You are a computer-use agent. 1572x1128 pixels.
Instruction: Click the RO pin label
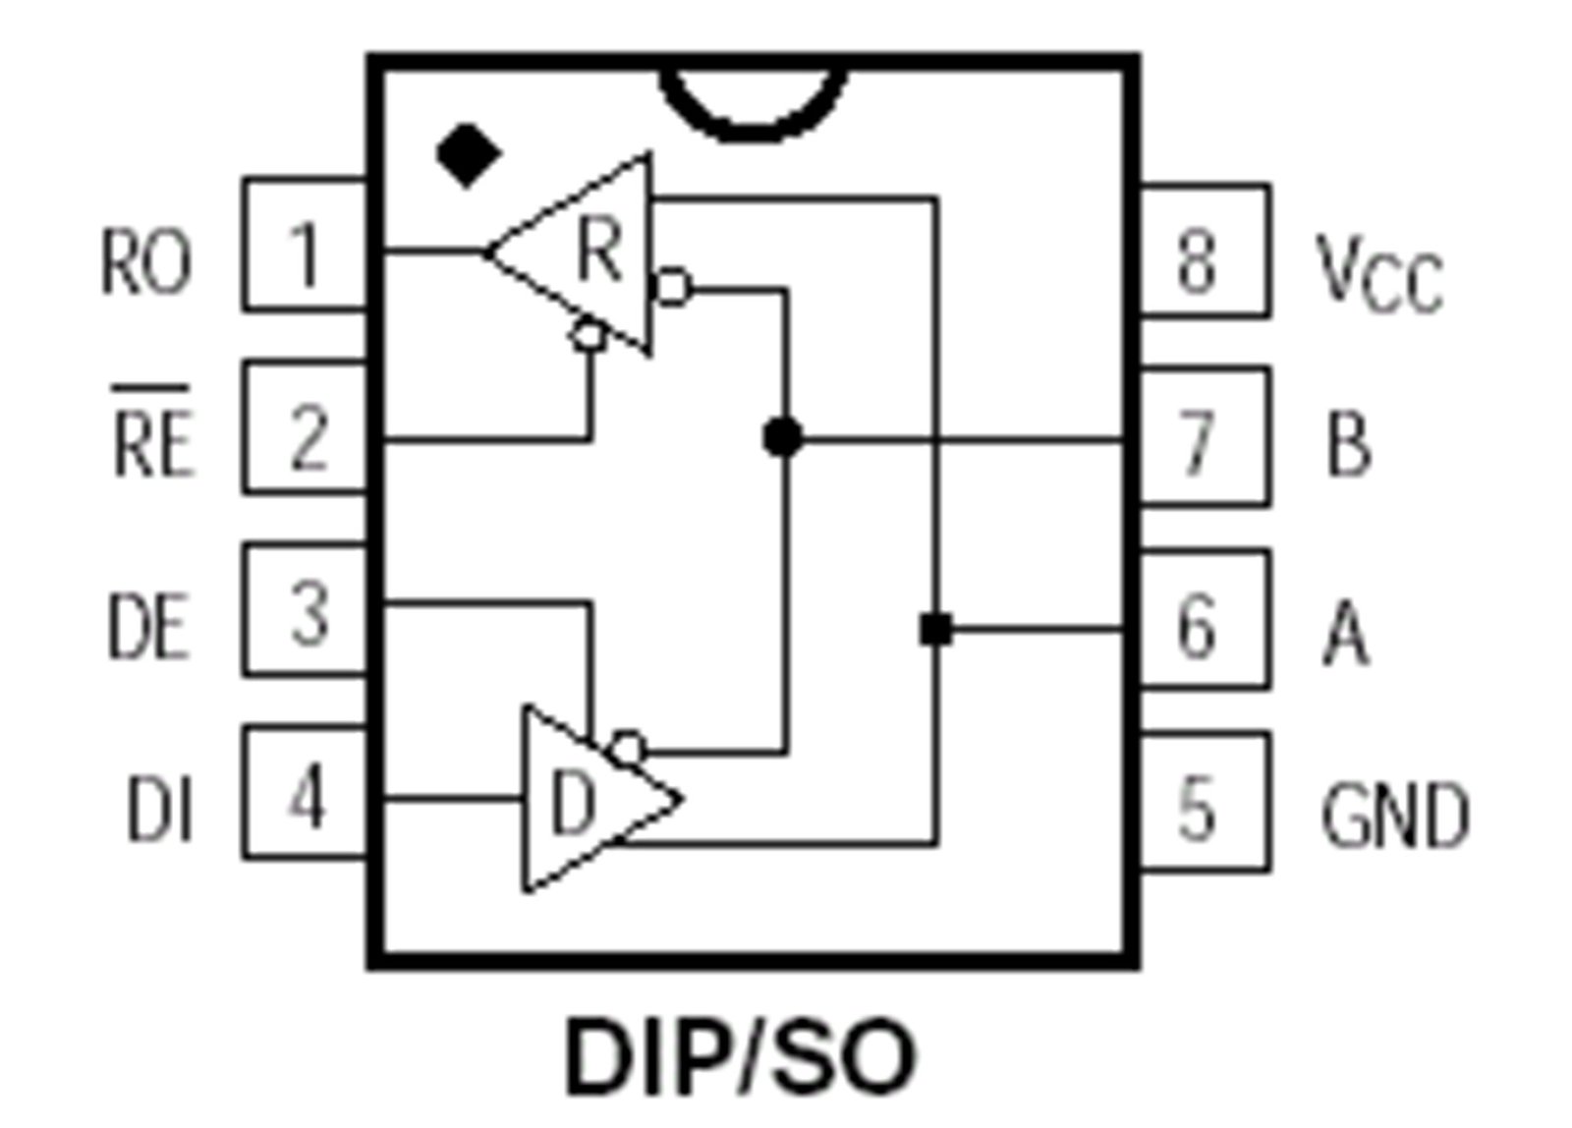[x=146, y=261]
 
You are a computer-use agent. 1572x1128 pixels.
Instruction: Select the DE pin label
[x=148, y=627]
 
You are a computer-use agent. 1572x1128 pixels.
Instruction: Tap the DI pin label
[x=158, y=808]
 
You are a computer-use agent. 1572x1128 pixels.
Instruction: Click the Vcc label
[x=1379, y=274]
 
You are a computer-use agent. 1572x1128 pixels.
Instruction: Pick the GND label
[x=1394, y=816]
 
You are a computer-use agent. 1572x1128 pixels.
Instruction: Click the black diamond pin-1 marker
[x=469, y=155]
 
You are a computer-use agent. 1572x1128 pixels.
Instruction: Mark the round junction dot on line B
[x=782, y=436]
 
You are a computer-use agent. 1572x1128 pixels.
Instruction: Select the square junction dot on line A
[x=936, y=628]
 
